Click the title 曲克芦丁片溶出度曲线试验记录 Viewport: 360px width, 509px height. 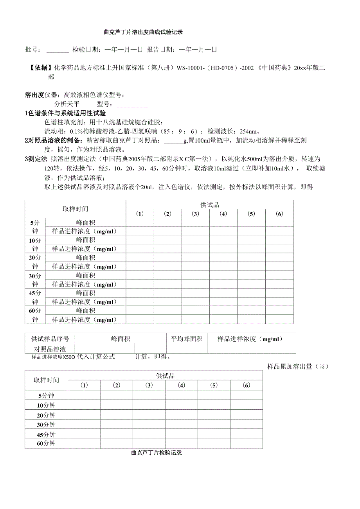click(143, 32)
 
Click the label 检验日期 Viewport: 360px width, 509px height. click(85, 50)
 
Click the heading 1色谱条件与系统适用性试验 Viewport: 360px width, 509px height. click(65, 113)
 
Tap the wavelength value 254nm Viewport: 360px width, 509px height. click(247, 131)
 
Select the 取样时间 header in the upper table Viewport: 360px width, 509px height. click(76, 209)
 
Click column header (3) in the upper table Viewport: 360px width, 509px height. click(195, 213)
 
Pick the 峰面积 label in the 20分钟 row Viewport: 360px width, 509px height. click(86, 258)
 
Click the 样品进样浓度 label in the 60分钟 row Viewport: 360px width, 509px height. click(85, 319)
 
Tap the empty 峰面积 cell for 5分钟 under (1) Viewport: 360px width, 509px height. click(140, 222)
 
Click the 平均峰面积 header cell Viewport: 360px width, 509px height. click(187, 339)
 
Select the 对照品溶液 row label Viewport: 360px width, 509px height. click(50, 349)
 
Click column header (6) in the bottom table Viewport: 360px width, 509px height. click(246, 385)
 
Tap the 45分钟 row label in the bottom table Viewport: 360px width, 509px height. click(46, 435)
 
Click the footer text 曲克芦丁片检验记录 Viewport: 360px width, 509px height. click(157, 453)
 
